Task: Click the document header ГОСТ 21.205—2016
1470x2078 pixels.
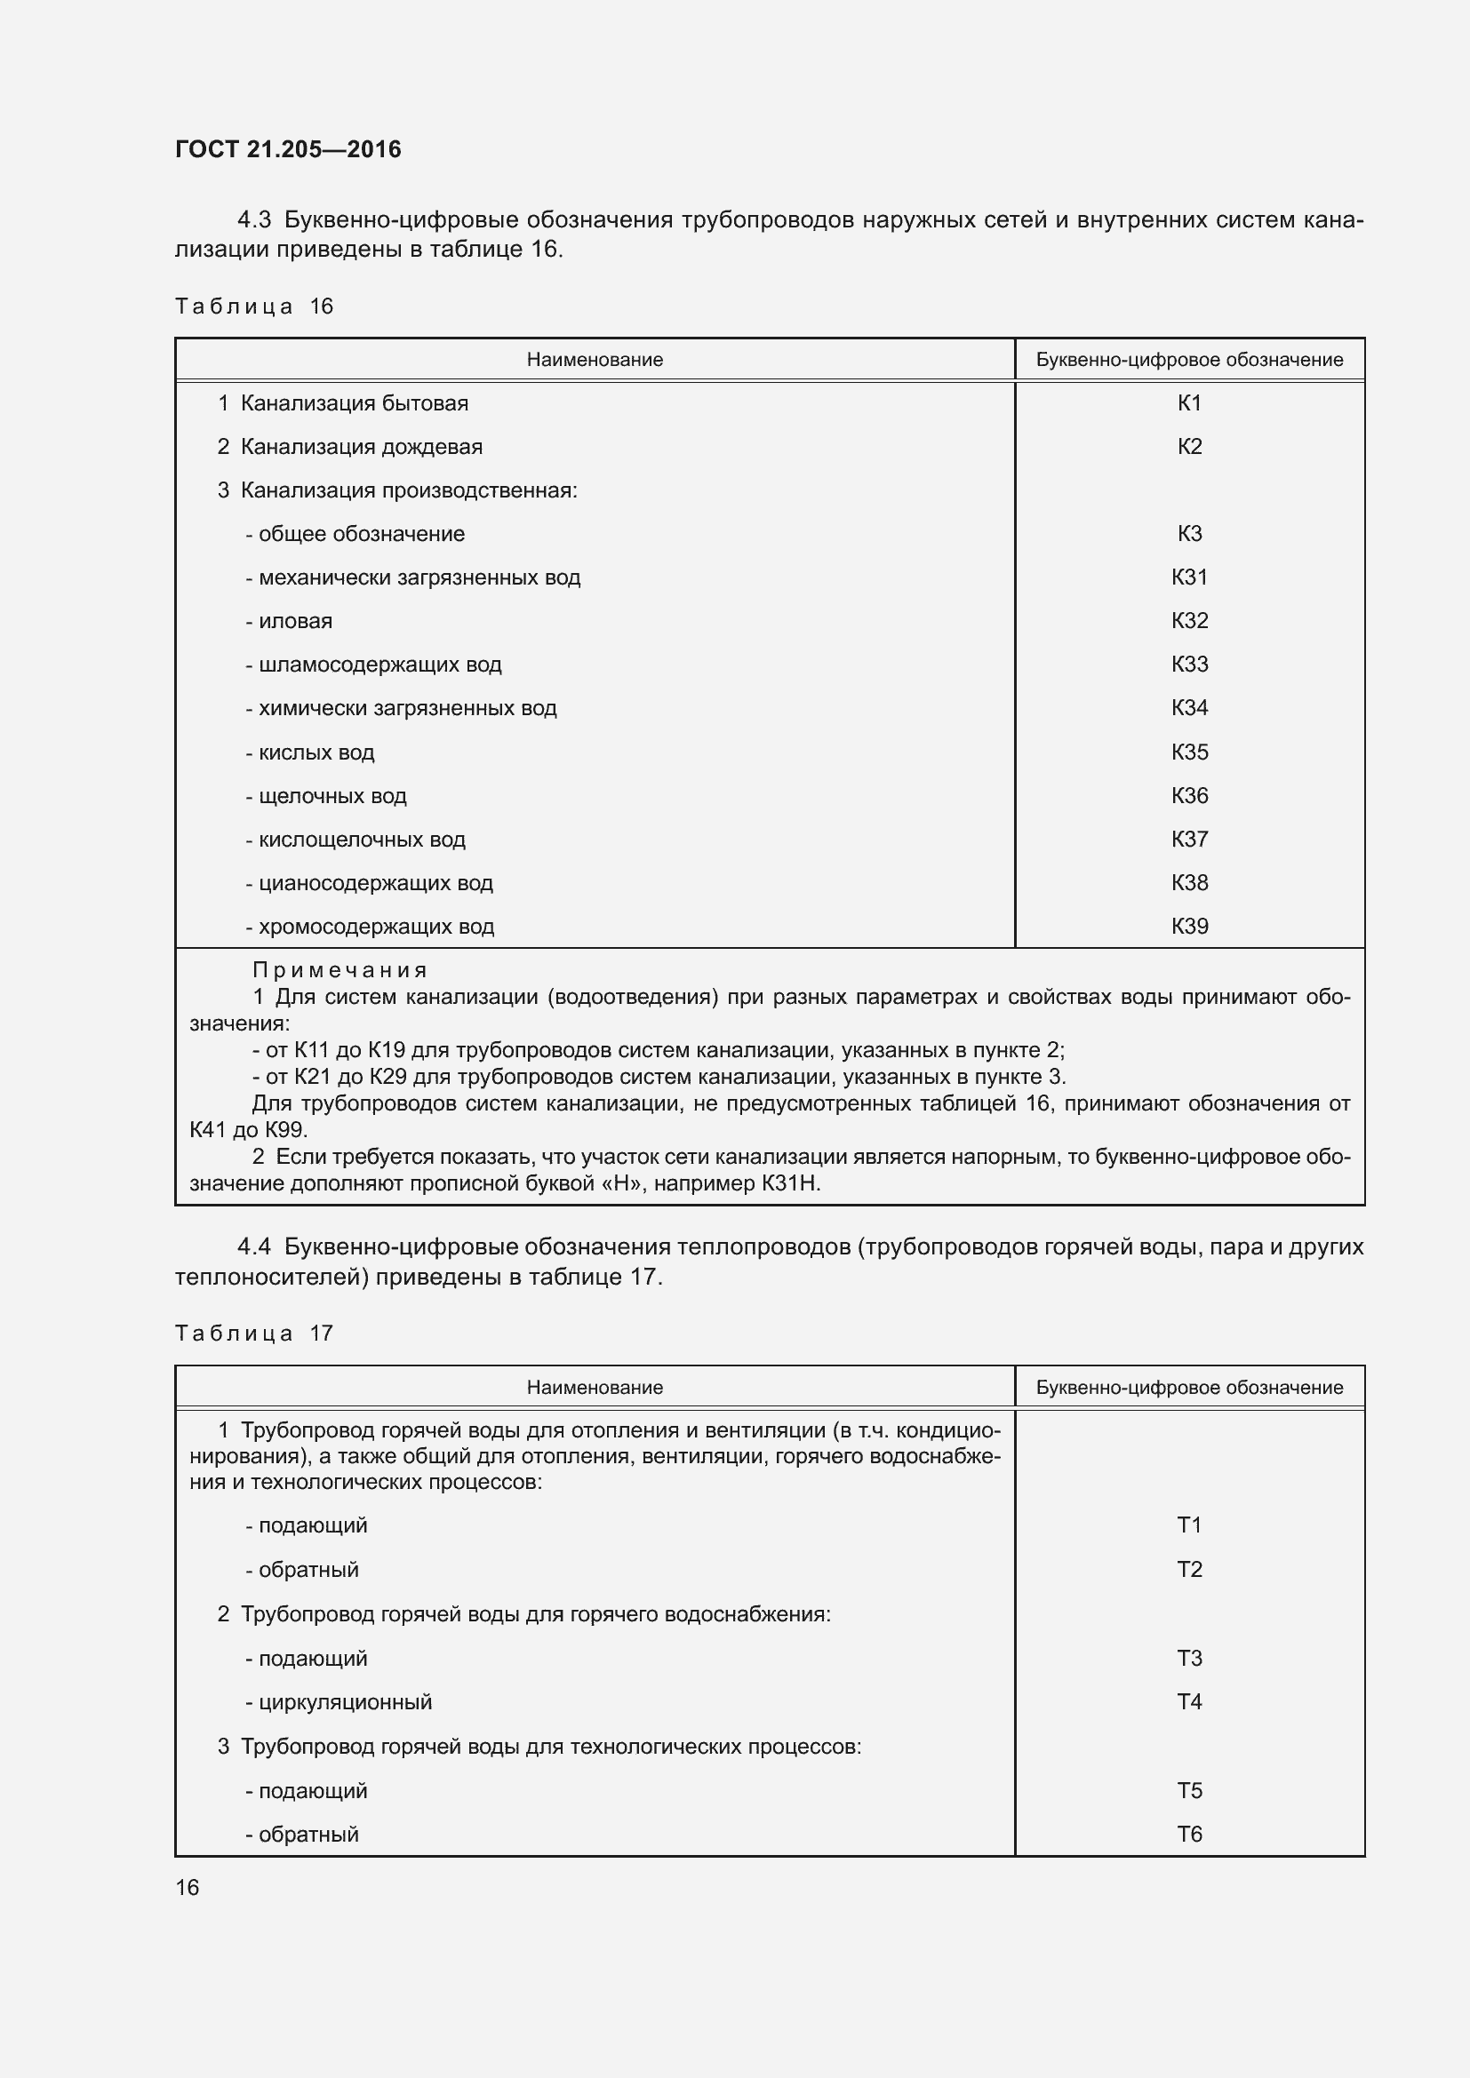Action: point(288,149)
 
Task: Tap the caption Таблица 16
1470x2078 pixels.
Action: point(254,307)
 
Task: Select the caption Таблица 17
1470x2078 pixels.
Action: point(254,1334)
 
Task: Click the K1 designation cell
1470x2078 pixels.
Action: point(1188,403)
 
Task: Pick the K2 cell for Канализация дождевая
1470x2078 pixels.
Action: point(1188,447)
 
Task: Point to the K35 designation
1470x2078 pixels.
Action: point(1188,752)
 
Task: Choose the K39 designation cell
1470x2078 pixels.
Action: point(1188,926)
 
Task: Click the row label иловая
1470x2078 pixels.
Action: point(295,622)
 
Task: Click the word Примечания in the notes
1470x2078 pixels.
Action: point(340,970)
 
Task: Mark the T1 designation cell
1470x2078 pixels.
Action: point(1188,1525)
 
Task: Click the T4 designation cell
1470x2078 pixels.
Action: point(1188,1701)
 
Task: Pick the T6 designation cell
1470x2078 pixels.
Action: point(1188,1834)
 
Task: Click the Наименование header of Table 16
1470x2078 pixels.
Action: point(595,360)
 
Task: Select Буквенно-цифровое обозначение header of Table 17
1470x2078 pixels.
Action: point(1188,1388)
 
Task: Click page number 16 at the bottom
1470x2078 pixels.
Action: point(188,1887)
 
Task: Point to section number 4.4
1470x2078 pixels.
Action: point(254,1247)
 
